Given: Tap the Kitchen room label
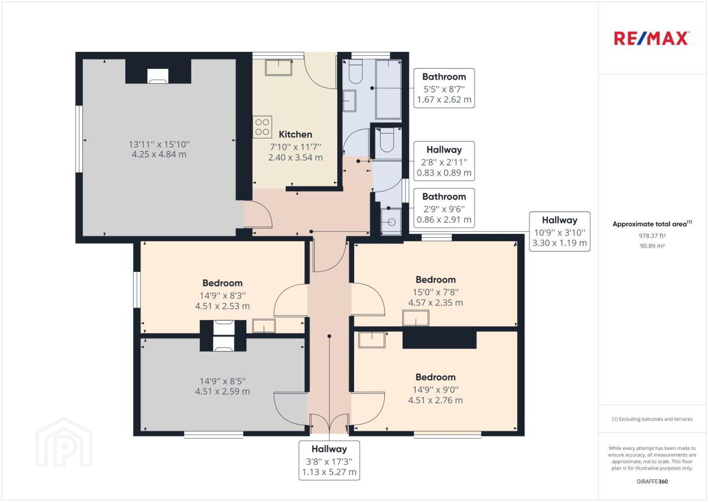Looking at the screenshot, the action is tap(295, 134).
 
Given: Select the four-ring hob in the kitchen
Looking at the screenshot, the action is tap(263, 127).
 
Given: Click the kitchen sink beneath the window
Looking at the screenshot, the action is tap(279, 67).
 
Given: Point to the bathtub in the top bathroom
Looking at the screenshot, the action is tap(389, 89).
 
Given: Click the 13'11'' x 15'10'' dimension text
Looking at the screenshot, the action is tap(159, 145).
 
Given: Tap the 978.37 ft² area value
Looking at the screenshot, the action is tap(652, 236).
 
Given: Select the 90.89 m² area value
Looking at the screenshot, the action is tap(652, 246).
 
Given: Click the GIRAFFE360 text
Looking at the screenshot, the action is tap(652, 482).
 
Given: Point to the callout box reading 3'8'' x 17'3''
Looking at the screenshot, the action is tap(329, 460).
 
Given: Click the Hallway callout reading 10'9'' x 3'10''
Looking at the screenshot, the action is tap(559, 231).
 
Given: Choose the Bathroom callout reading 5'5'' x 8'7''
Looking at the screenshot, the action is tap(444, 88).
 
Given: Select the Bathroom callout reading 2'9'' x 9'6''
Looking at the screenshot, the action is tap(444, 208).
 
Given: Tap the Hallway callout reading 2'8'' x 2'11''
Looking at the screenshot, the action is tap(444, 161).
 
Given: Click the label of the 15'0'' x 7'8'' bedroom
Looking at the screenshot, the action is tap(435, 280).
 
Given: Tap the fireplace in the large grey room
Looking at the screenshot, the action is tap(158, 76).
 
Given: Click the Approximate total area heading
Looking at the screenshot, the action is tap(652, 224).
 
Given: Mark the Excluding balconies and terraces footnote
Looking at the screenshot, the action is tap(652, 419).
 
